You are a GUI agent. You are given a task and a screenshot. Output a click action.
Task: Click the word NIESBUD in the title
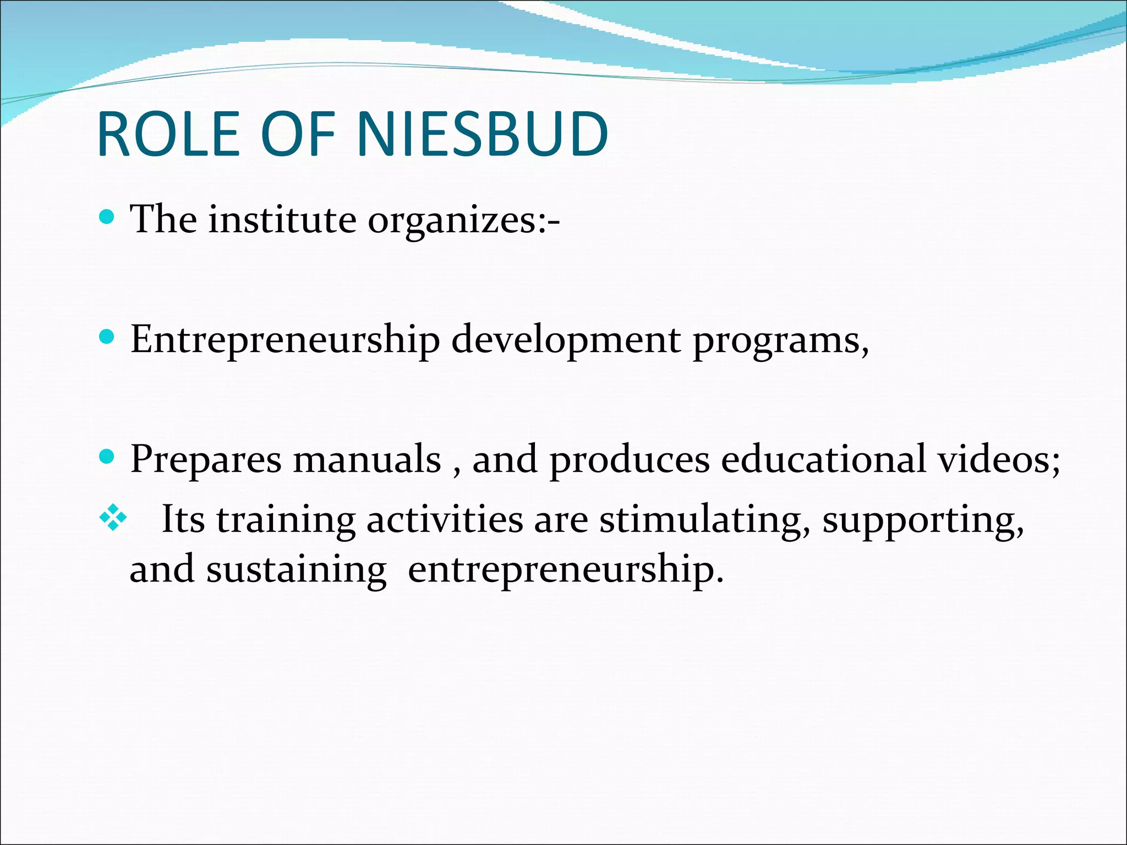click(x=483, y=134)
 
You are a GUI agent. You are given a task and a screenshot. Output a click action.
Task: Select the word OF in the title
click(x=298, y=134)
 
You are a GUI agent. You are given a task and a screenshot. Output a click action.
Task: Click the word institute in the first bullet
click(x=282, y=220)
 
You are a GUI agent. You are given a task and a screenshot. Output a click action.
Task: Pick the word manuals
click(x=367, y=459)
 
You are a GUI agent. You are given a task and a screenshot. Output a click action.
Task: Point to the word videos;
click(x=999, y=459)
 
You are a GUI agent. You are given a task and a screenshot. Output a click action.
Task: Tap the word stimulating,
click(x=705, y=520)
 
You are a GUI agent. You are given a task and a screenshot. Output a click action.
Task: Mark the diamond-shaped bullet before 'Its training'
click(x=113, y=518)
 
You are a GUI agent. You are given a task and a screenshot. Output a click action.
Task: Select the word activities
click(x=445, y=519)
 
